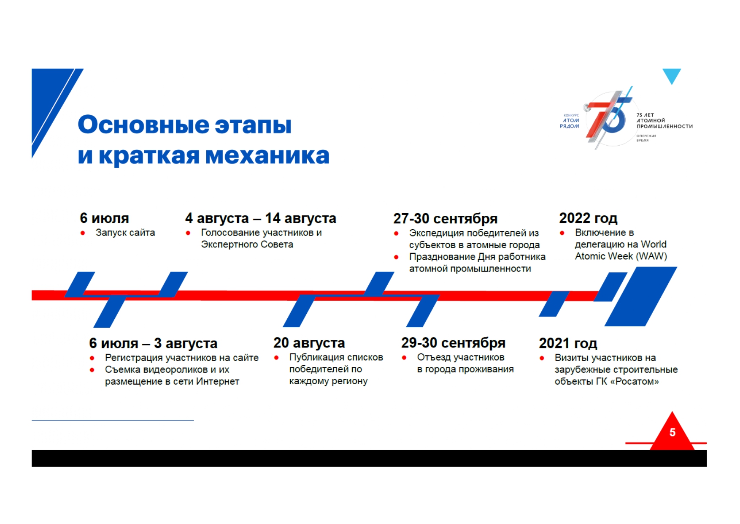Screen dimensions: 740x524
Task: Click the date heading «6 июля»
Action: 104,218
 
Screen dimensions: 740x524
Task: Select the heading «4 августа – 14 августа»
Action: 260,218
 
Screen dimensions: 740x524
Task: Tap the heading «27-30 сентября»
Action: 445,219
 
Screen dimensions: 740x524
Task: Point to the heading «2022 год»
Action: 588,218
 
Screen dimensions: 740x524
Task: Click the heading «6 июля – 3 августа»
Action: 153,343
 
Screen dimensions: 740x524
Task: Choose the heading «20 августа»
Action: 309,343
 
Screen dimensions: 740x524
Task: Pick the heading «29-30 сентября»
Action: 453,343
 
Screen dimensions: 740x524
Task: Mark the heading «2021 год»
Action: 568,343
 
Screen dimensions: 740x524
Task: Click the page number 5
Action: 672,432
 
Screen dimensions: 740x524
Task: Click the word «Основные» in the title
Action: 143,125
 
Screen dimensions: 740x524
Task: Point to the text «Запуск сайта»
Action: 125,233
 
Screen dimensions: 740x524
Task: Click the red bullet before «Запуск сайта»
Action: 83,233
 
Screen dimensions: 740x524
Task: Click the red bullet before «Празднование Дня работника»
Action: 396,257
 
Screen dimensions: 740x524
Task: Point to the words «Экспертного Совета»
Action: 247,244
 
